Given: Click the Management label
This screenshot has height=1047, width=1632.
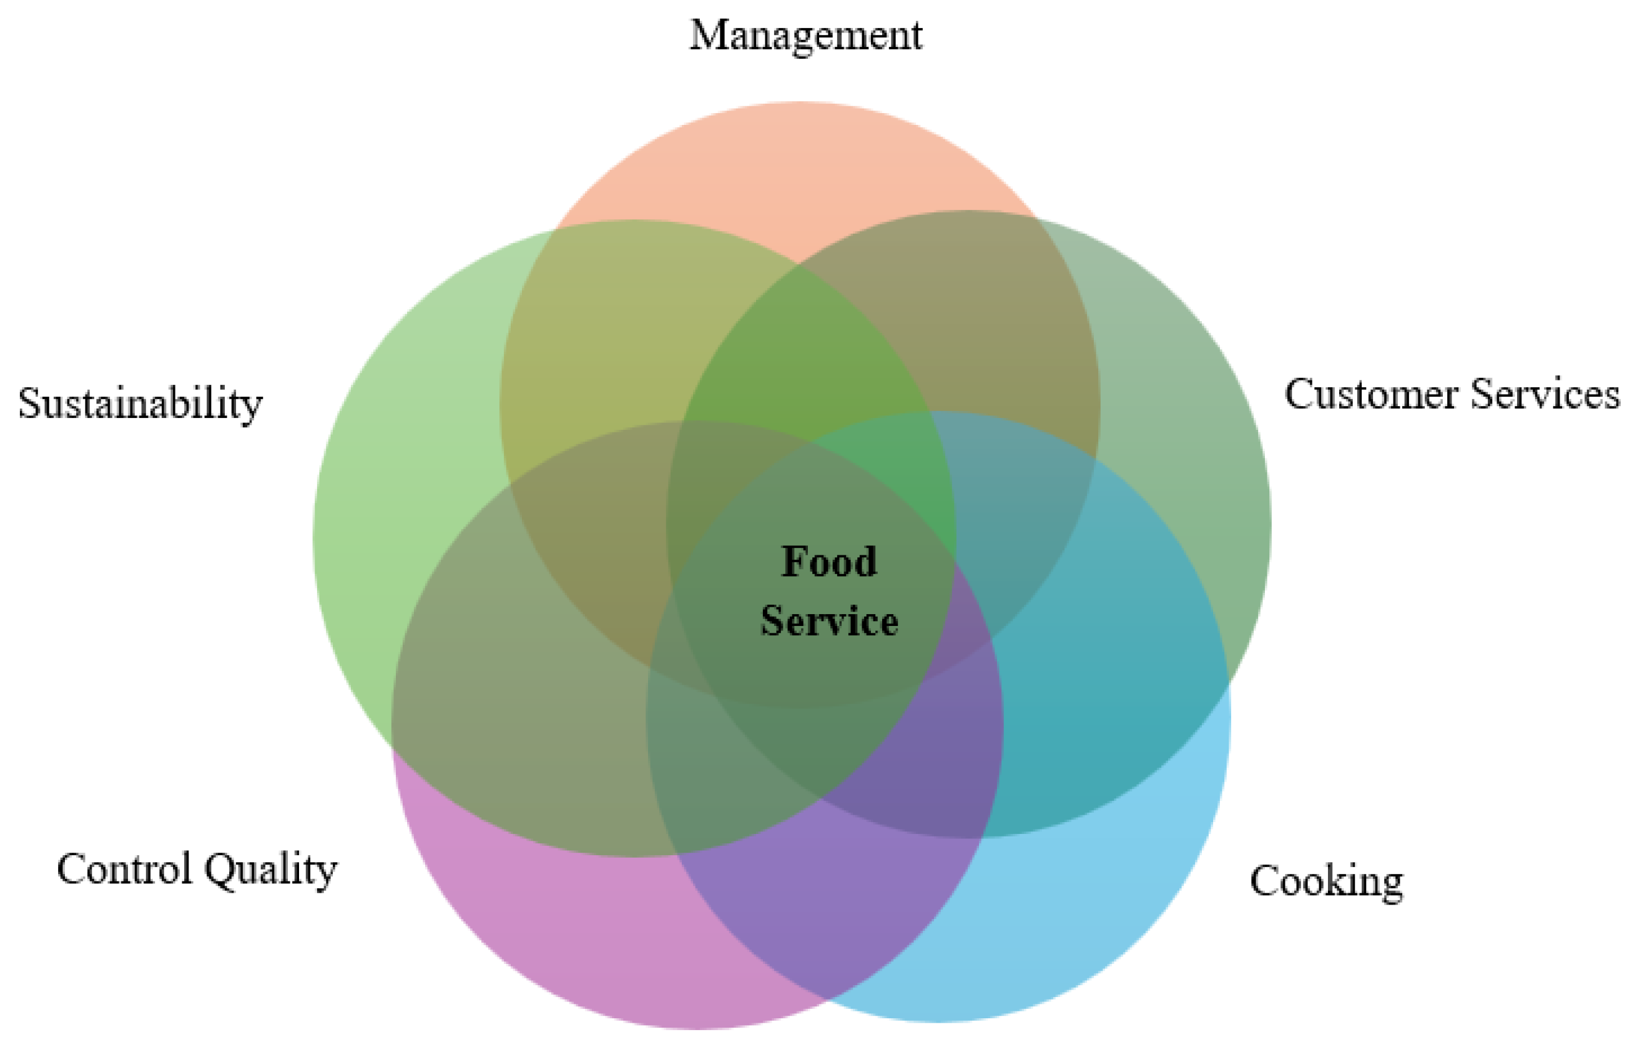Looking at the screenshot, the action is [806, 36].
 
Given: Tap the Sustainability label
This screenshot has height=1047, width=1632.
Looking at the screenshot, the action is [140, 404].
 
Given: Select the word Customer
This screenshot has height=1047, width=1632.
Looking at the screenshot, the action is [1371, 394].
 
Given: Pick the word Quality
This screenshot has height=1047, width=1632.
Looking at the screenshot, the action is [270, 870].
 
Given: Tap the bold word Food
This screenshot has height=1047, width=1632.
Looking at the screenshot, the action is [829, 562].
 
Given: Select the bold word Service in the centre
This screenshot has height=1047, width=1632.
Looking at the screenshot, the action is [829, 620].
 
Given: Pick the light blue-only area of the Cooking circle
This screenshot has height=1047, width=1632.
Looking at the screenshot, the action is [1087, 918].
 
